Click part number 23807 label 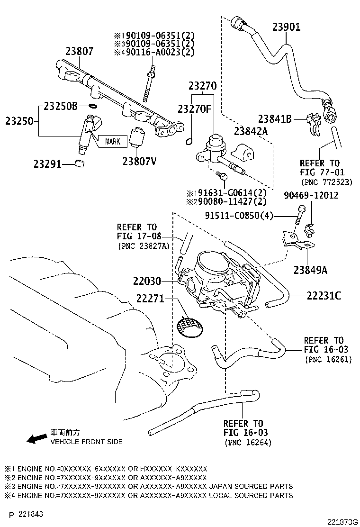pyautogui.click(x=80, y=51)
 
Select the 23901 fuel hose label pyautogui.click(x=286, y=27)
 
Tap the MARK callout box pyautogui.click(x=112, y=141)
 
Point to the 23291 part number pyautogui.click(x=47, y=164)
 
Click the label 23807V pyautogui.click(x=139, y=161)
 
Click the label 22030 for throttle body pyautogui.click(x=147, y=281)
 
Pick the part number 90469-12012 pyautogui.click(x=311, y=195)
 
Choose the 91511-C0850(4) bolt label pyautogui.click(x=239, y=216)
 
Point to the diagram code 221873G pyautogui.click(x=338, y=521)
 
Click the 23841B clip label pyautogui.click(x=275, y=119)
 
